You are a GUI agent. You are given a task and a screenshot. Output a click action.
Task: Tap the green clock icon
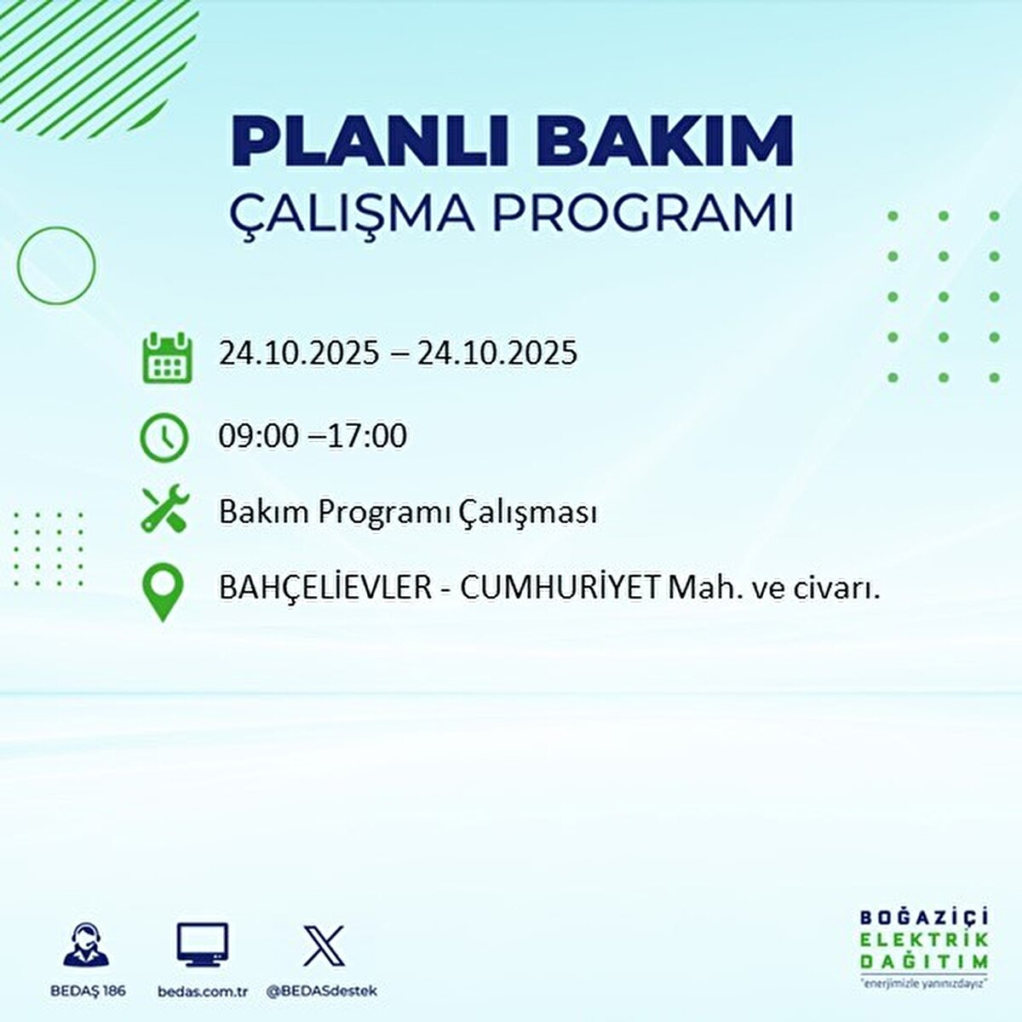[x=164, y=438]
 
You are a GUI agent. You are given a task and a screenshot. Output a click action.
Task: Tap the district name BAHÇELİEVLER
[x=325, y=587]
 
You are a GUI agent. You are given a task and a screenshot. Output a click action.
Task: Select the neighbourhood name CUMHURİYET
[x=560, y=587]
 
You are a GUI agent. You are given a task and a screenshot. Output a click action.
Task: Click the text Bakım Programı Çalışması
[x=407, y=513]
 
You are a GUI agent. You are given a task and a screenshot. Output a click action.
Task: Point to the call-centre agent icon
[x=87, y=946]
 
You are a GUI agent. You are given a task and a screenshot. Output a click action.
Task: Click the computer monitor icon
[x=203, y=946]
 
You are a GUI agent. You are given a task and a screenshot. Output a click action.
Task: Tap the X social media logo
[x=324, y=946]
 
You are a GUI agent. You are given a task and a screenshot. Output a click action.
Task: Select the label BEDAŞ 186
[x=87, y=990]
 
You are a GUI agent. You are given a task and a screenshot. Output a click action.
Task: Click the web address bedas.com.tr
[x=203, y=990]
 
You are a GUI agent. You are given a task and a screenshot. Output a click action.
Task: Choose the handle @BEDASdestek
[x=322, y=990]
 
